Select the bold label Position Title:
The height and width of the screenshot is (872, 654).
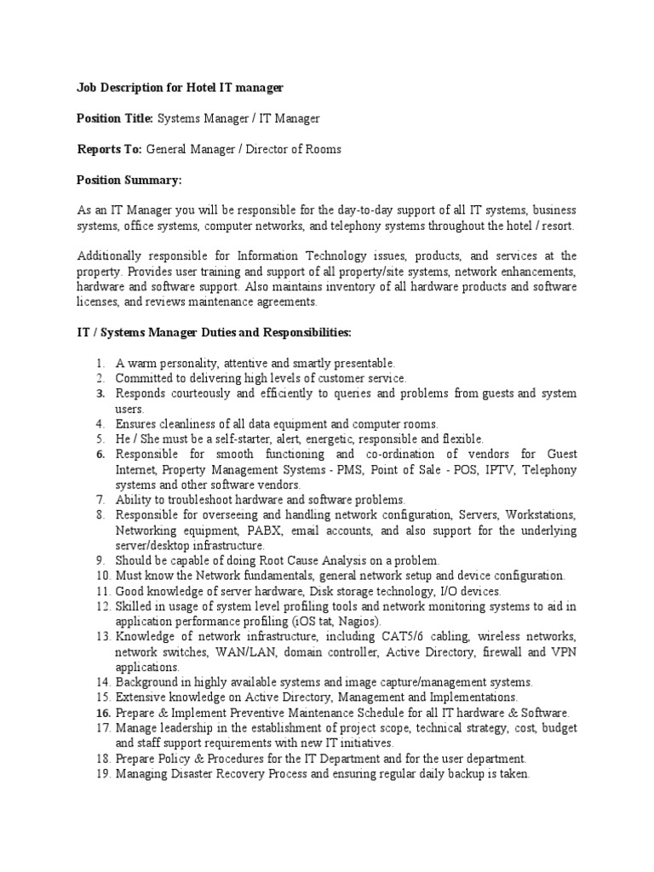point(114,118)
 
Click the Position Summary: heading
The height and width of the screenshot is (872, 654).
point(129,180)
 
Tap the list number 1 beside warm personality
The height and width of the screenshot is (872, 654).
point(100,363)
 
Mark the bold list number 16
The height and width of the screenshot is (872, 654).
point(103,712)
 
